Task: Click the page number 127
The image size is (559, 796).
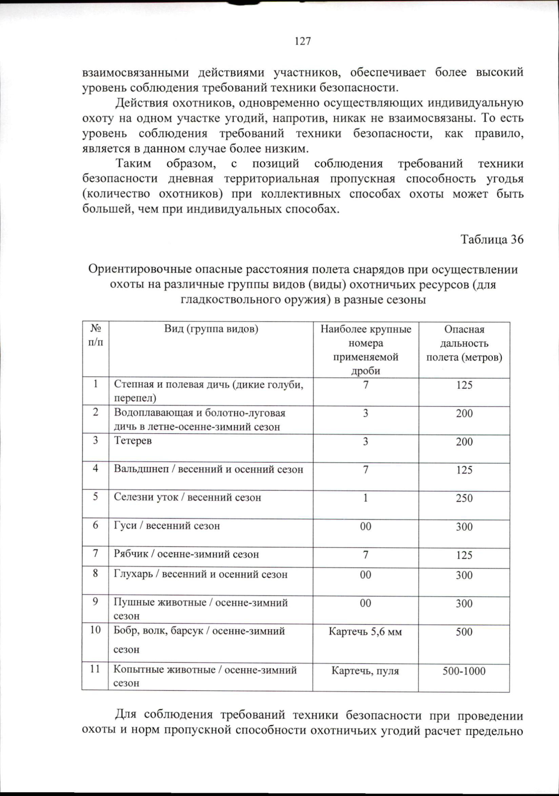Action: click(303, 41)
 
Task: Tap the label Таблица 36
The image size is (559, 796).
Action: click(491, 239)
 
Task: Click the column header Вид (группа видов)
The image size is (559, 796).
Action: click(211, 329)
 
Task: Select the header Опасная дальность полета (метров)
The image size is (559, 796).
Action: click(464, 343)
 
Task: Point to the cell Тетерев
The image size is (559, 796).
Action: click(133, 441)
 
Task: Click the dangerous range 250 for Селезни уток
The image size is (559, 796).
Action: click(464, 498)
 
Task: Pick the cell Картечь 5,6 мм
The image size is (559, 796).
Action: click(365, 632)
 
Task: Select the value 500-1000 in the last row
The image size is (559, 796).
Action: click(464, 671)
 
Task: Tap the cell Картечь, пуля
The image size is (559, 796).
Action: click(365, 671)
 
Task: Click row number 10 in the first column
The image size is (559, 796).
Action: click(95, 630)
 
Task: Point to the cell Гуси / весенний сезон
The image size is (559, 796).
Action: click(167, 526)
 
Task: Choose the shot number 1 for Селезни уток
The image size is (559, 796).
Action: click(366, 498)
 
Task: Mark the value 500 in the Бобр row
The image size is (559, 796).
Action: click(464, 632)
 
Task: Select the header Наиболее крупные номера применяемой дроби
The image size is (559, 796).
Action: click(366, 350)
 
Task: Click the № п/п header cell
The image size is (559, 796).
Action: click(95, 335)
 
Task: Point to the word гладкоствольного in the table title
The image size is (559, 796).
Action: click(230, 299)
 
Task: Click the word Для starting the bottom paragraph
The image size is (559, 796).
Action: click(125, 715)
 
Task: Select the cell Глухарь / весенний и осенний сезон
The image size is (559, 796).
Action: click(200, 575)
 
